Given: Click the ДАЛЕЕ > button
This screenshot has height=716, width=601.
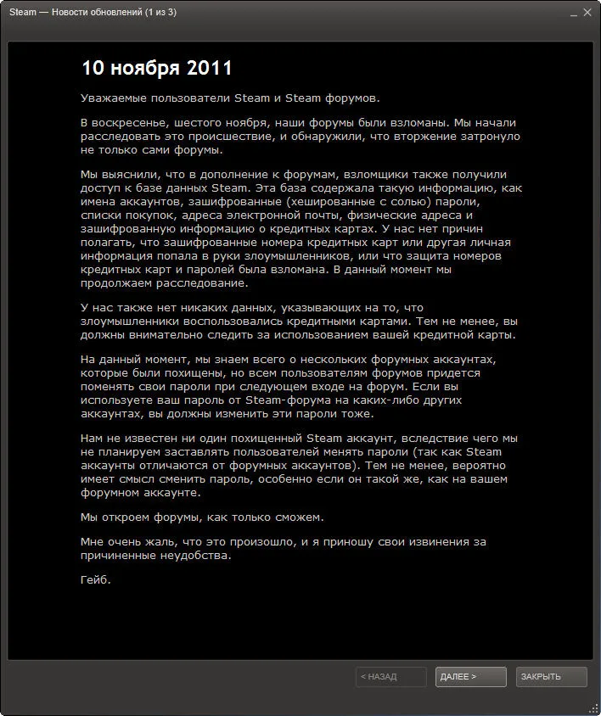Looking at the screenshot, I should click(x=470, y=677).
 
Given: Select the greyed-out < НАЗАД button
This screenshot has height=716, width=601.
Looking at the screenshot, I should click(x=390, y=677).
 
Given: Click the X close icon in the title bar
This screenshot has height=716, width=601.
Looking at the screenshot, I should click(x=587, y=13).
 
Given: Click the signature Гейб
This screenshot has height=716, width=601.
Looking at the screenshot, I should click(x=95, y=580).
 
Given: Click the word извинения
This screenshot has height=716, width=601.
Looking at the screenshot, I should click(x=432, y=541).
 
